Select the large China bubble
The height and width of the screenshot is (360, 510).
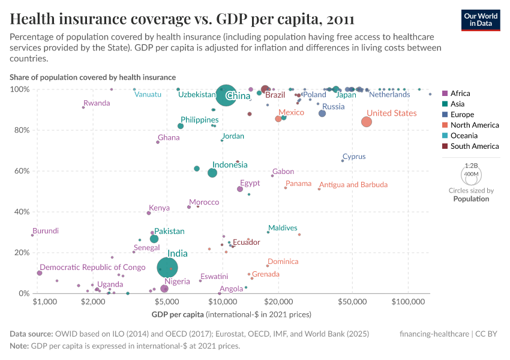pyautogui.click(x=226, y=96)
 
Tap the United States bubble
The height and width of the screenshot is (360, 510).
pyautogui.click(x=367, y=122)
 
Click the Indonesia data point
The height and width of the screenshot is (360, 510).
pyautogui.click(x=212, y=173)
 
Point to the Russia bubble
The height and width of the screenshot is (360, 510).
pyautogui.click(x=322, y=113)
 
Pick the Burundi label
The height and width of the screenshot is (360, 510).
pyautogui.click(x=46, y=231)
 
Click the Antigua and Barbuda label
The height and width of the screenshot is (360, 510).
pyautogui.click(x=353, y=185)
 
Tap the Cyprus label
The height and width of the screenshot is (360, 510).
pyautogui.click(x=354, y=157)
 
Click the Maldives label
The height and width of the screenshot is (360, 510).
pyautogui.click(x=283, y=228)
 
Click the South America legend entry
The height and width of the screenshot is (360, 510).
pyautogui.click(x=474, y=146)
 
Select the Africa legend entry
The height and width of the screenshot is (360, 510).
pyautogui.click(x=460, y=94)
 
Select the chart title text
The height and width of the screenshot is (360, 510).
pyautogui.click(x=182, y=19)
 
